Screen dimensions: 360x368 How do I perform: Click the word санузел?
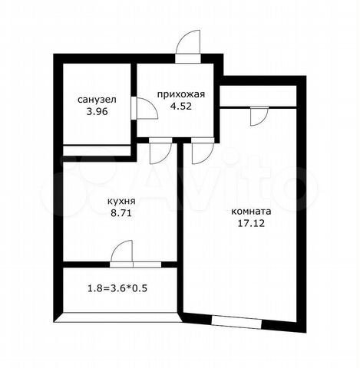pyautogui.click(x=97, y=100)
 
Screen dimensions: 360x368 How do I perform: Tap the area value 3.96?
pyautogui.click(x=97, y=112)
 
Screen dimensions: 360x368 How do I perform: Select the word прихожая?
pyautogui.click(x=181, y=94)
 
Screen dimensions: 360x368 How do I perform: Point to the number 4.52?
pyautogui.click(x=181, y=106)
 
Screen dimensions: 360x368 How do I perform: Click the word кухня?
pyautogui.click(x=121, y=202)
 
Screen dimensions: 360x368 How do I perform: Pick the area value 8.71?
pyautogui.click(x=121, y=213)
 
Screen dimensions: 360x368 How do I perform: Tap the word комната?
pyautogui.click(x=251, y=212)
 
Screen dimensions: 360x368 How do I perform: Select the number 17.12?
pyautogui.click(x=251, y=224)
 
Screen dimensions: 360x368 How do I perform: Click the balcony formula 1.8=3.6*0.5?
pyautogui.click(x=117, y=289)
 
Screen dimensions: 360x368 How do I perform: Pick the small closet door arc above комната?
pyautogui.click(x=263, y=120)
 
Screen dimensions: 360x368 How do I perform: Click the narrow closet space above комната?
pyautogui.click(x=258, y=96)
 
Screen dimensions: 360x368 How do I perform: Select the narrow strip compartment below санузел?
pyautogui.click(x=97, y=150)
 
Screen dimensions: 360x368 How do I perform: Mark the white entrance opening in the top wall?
pyautogui.click(x=188, y=58)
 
